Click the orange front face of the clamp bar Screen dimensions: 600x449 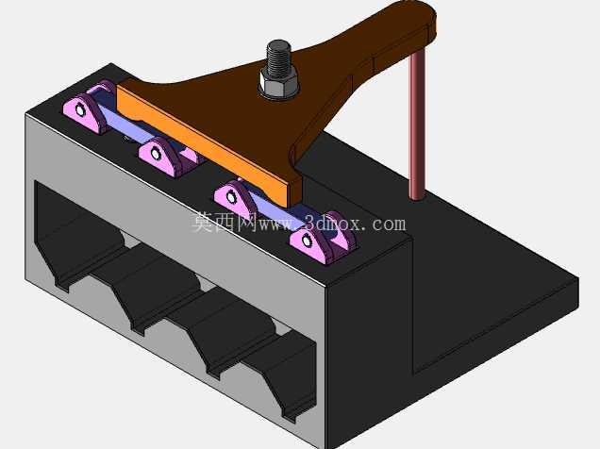point(202,145)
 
